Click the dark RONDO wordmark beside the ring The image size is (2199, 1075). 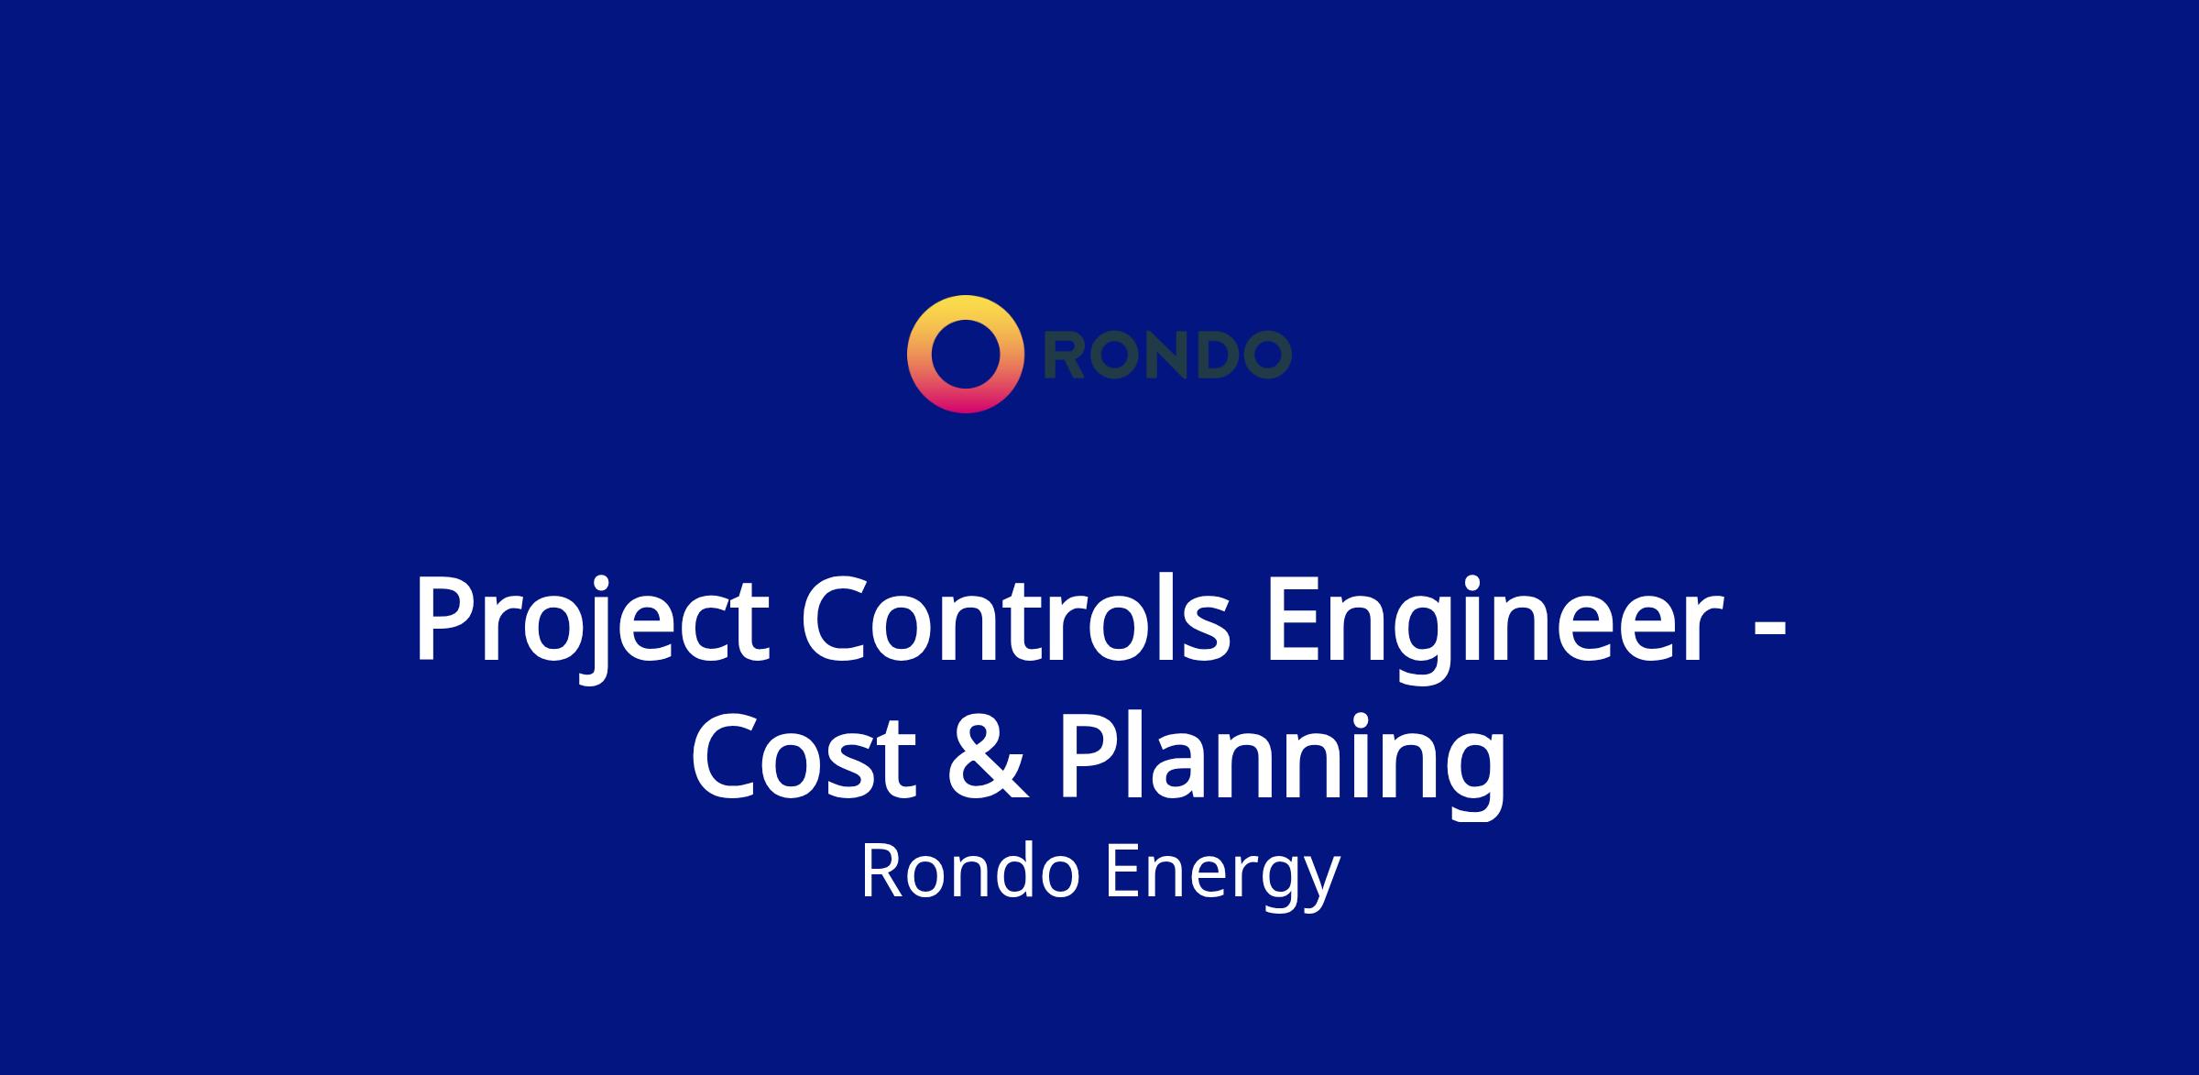(1168, 355)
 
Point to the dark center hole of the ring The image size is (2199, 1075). (965, 355)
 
